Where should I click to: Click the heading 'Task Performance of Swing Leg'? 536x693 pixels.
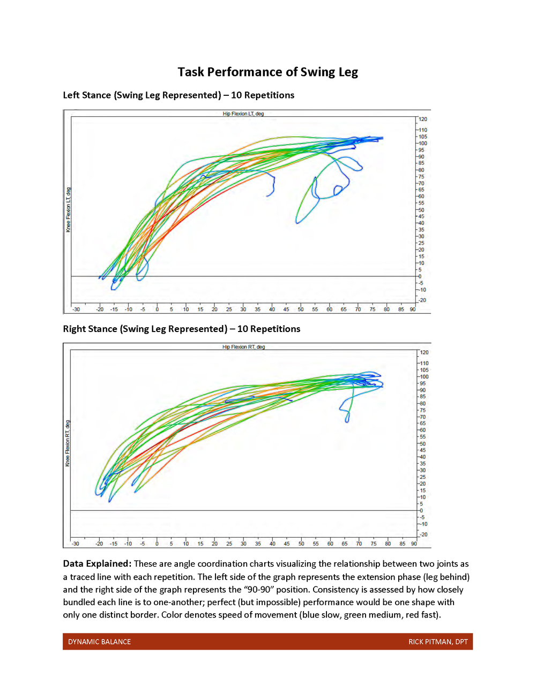[267, 72]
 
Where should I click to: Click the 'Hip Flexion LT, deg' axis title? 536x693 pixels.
[243, 114]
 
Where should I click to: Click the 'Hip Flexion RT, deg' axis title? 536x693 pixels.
[243, 347]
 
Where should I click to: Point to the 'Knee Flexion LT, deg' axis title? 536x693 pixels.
[68, 209]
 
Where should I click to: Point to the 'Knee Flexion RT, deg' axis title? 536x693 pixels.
[68, 443]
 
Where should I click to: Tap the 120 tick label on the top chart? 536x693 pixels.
[423, 119]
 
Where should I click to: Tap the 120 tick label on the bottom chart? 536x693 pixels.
[424, 352]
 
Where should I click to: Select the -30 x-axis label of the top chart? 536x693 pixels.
[76, 310]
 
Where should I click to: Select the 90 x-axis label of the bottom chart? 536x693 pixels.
[414, 544]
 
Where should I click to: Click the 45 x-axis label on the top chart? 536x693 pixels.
[286, 310]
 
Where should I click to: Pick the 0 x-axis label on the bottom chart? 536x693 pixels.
[157, 544]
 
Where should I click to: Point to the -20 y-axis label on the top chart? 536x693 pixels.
[422, 300]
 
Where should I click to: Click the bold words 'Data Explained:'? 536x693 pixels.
[97, 564]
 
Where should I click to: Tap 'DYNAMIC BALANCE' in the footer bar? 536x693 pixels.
[99, 642]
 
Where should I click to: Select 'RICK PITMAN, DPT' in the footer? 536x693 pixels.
[438, 642]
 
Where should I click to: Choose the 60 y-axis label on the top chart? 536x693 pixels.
[421, 197]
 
